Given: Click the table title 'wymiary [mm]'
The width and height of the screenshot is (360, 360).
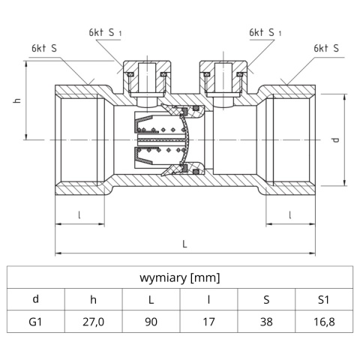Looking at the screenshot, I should point(180,277).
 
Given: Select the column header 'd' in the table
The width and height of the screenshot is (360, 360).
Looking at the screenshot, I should point(35,299).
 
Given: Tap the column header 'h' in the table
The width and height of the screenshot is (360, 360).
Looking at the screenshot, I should point(93,299).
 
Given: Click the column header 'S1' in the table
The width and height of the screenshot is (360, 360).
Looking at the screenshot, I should point(324,299).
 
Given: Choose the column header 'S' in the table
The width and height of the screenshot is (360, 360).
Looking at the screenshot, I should point(266,299).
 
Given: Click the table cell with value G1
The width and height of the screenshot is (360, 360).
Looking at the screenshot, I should point(35,323).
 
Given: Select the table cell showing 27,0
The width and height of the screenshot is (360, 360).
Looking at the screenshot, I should point(93,323).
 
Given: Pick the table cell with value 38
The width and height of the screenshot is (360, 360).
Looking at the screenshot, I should point(266,323).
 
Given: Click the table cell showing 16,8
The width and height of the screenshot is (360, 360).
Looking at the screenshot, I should point(324,323).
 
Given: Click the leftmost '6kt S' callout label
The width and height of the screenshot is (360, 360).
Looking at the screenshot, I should point(44,47).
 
